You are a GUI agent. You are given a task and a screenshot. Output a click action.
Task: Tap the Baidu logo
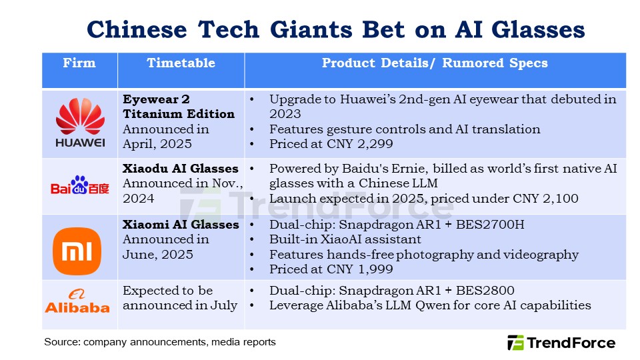pos(79,186)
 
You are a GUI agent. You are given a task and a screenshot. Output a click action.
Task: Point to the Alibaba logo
pos(77,301)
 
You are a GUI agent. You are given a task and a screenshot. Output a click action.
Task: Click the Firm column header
pos(79,63)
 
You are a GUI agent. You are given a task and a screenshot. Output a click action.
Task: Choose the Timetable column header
pos(181,63)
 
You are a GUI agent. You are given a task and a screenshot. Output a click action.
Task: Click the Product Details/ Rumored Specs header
pos(435,63)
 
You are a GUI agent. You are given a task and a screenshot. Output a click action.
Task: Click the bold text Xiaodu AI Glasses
pos(181,169)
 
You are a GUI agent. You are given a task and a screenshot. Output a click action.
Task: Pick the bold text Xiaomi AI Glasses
pos(181,225)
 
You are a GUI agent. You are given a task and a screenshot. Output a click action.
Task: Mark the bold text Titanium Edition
pos(179,114)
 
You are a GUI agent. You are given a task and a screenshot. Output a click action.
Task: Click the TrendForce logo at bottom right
pos(561,343)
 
